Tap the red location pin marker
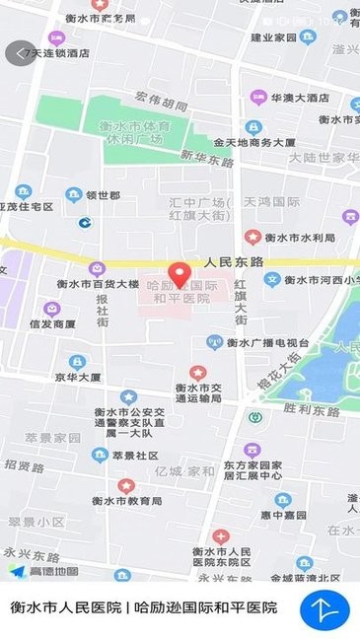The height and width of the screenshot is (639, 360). tap(179, 273)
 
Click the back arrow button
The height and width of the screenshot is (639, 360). tap(19, 52)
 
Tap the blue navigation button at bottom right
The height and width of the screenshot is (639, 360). tap(325, 610)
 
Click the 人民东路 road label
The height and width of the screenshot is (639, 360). tap(235, 263)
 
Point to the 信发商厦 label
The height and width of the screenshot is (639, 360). tap(51, 323)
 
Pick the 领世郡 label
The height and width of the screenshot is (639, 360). tap(103, 195)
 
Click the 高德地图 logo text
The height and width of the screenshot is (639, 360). tap(53, 571)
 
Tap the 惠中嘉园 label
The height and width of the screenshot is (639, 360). tap(292, 515)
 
